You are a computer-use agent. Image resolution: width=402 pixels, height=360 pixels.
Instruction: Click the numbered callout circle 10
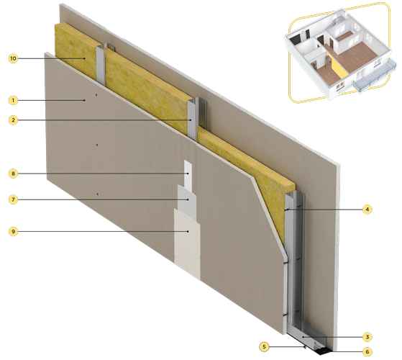[13, 58]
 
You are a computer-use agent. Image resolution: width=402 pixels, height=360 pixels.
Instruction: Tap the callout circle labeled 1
[13, 100]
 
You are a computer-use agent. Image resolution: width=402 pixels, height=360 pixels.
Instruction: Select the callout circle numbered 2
[13, 120]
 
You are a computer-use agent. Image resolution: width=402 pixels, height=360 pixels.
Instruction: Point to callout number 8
[13, 174]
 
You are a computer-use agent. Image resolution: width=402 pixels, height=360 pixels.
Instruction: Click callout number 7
[13, 199]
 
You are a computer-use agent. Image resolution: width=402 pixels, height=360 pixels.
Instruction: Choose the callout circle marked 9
[13, 231]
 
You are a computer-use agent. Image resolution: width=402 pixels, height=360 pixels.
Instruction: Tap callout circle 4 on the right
[367, 210]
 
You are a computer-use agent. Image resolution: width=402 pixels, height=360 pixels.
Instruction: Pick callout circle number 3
[367, 337]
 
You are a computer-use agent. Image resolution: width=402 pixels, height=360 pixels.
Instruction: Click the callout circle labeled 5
[264, 347]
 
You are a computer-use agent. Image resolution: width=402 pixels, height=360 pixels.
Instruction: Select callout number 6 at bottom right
[367, 351]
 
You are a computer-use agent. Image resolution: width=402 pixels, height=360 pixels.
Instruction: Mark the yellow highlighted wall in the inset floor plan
[338, 66]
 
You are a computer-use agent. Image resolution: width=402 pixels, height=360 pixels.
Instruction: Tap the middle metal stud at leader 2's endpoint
[193, 120]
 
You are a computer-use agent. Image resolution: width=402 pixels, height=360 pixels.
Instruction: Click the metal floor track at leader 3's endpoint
[305, 336]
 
